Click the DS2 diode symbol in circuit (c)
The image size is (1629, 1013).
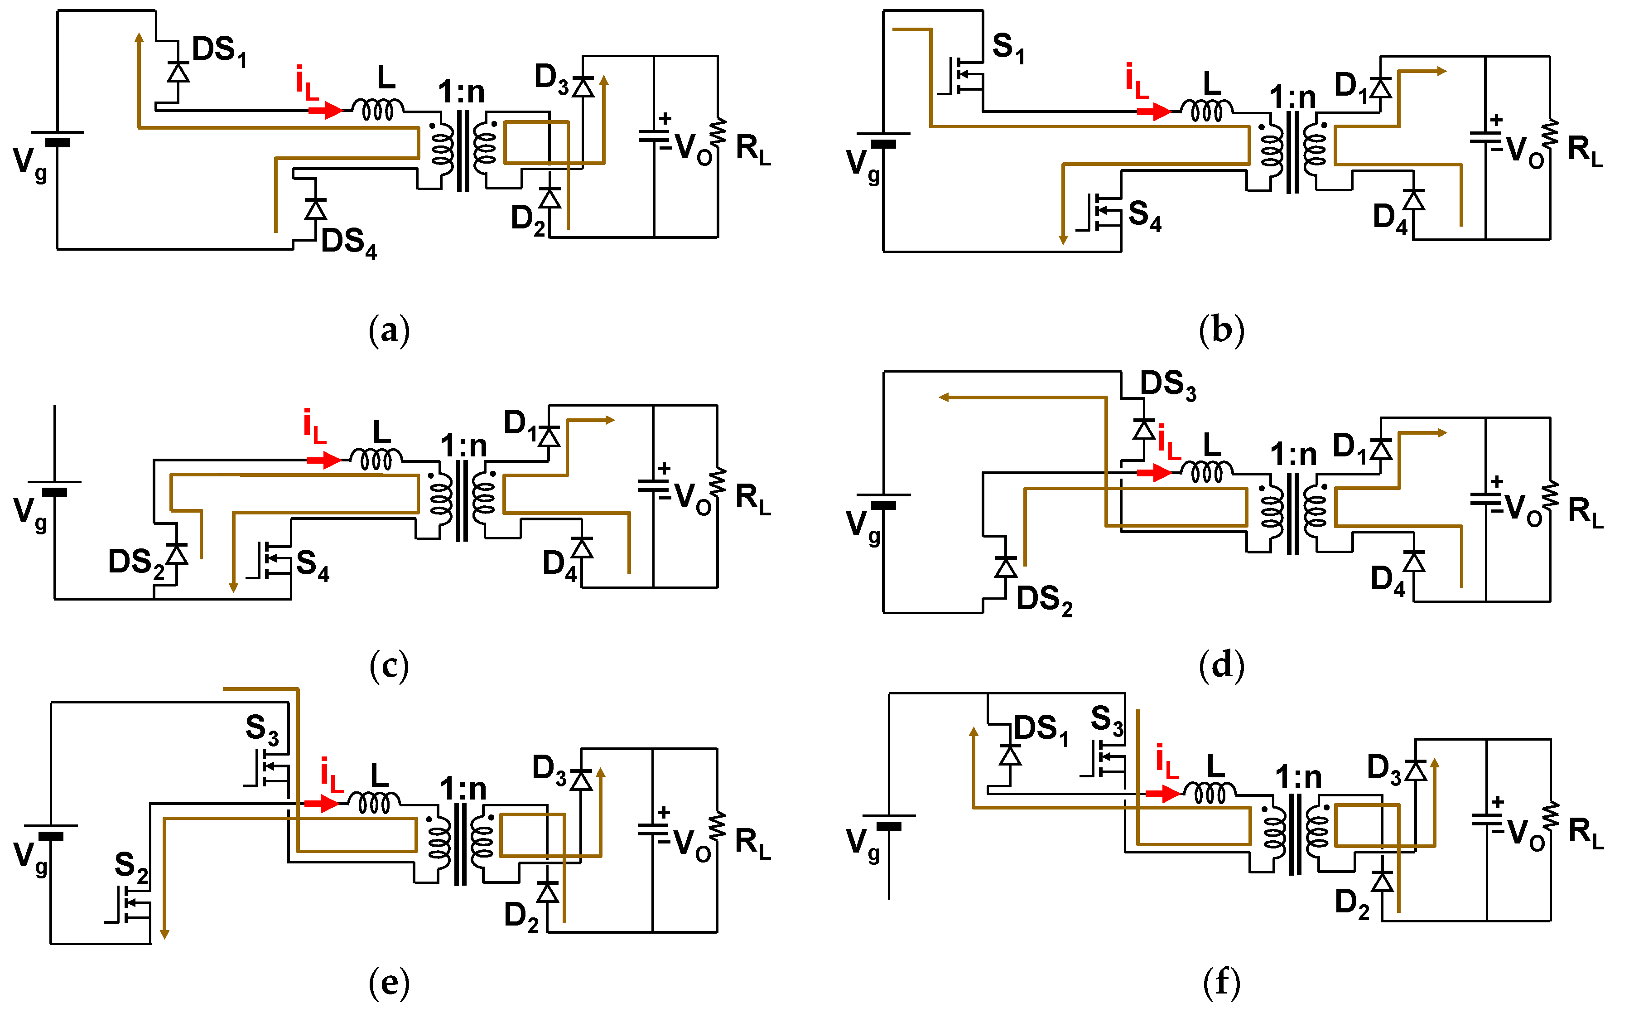pos(177,554)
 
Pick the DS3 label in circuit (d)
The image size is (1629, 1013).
pos(1168,385)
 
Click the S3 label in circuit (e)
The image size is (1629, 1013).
pos(262,729)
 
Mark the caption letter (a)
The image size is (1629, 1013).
pos(389,330)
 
